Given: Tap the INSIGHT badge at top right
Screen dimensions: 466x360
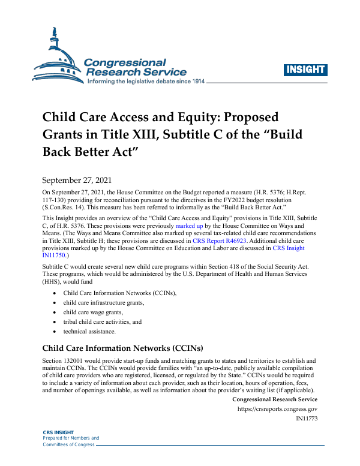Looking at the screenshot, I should (306, 70).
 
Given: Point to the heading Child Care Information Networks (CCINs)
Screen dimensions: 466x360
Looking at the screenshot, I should (122, 347).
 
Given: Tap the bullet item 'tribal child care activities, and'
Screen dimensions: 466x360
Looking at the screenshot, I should (103, 321).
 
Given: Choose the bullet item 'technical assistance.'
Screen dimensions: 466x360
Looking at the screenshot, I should (89, 331).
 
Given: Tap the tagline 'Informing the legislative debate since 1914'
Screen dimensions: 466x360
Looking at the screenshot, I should (146, 80).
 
